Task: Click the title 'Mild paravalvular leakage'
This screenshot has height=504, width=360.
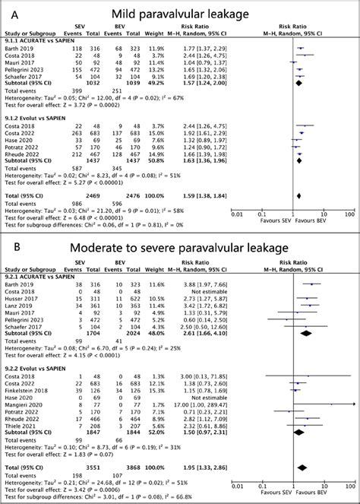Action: [184, 13]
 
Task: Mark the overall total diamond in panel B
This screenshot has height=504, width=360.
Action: [305, 467]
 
